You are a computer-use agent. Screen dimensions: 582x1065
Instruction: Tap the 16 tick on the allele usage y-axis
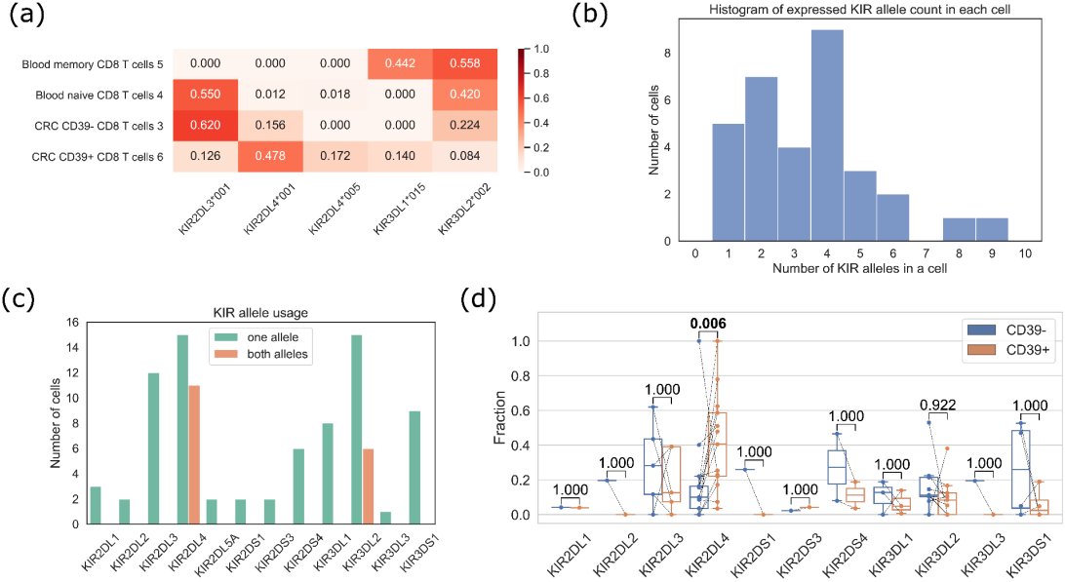click(x=70, y=323)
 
